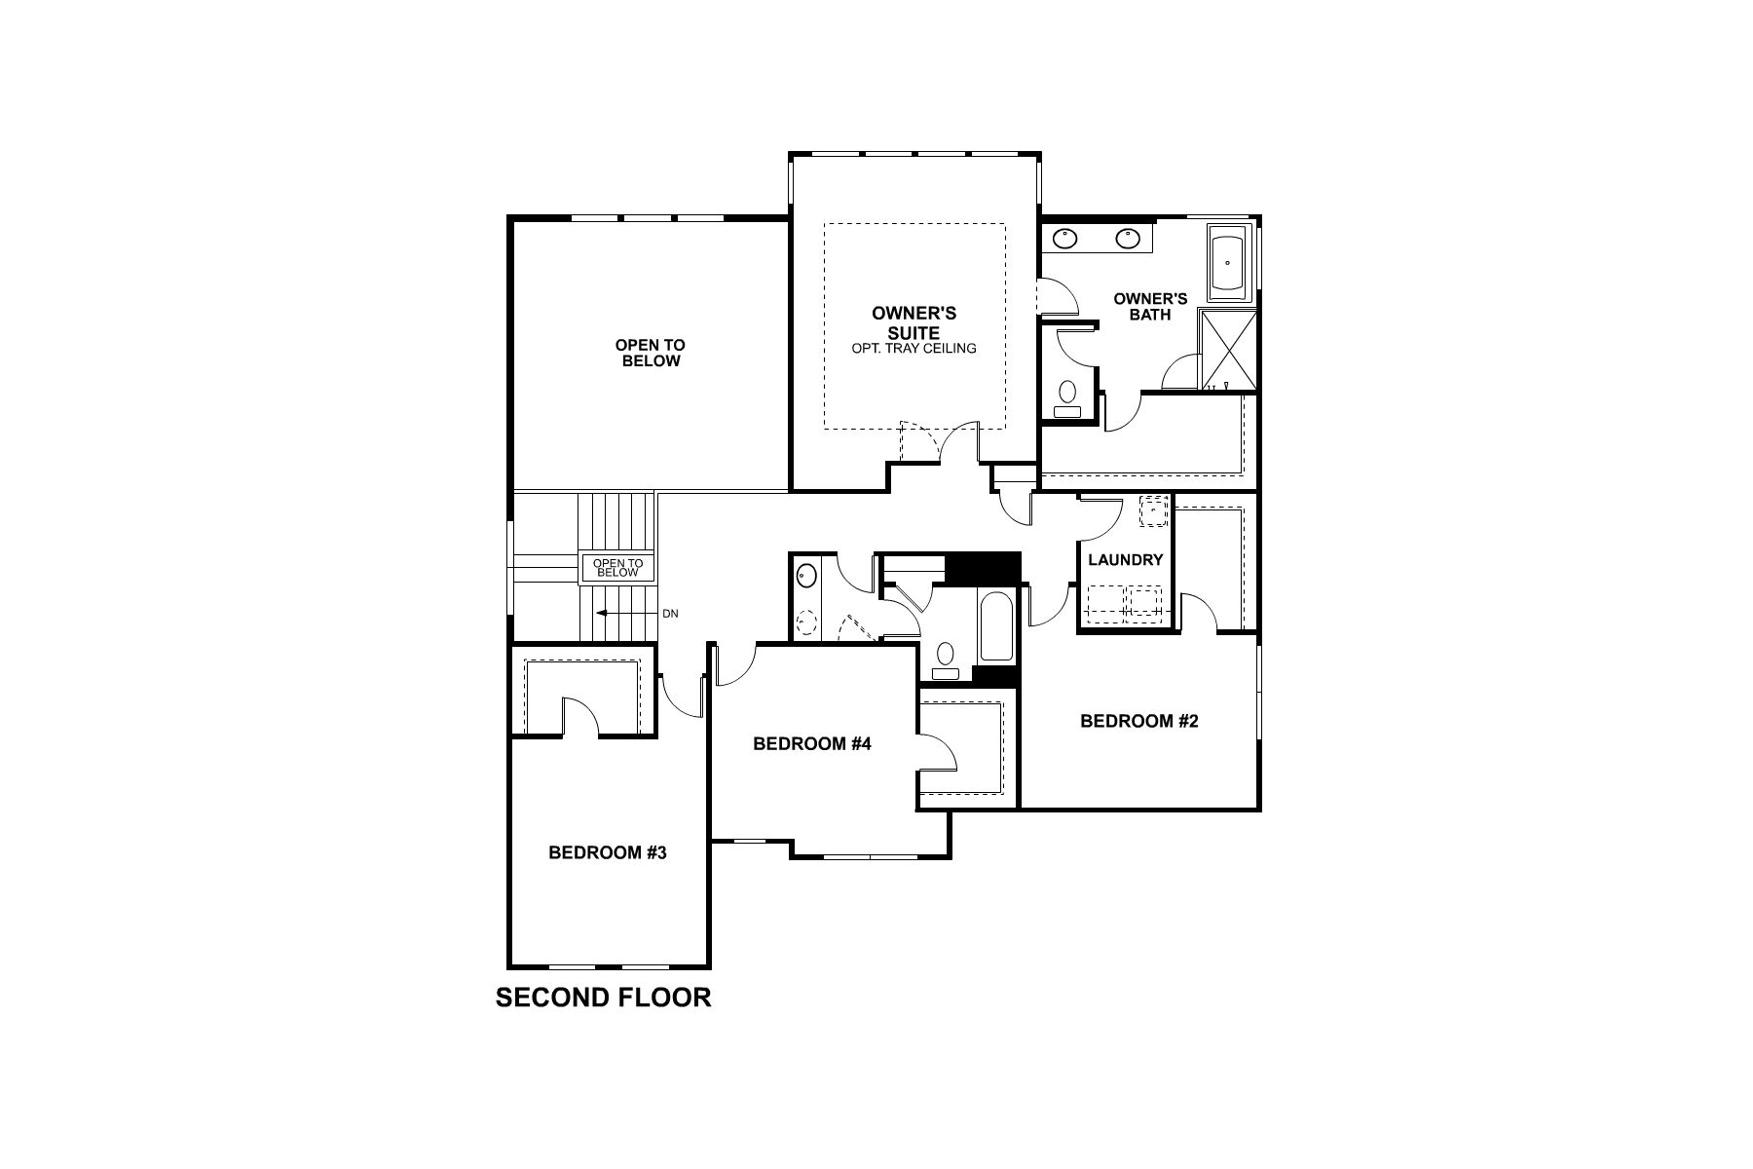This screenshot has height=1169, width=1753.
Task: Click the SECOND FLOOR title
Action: click(x=603, y=998)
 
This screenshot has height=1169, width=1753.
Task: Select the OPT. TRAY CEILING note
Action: click(x=914, y=348)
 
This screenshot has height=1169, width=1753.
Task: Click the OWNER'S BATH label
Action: click(x=1150, y=307)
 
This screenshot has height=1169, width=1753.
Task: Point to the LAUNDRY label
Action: click(x=1126, y=560)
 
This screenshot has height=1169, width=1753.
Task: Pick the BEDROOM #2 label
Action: click(x=1139, y=721)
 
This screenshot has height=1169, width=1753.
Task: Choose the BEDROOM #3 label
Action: click(x=608, y=853)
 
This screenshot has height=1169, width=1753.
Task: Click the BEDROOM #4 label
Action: click(x=812, y=744)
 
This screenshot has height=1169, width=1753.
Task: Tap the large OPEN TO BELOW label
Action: click(x=651, y=353)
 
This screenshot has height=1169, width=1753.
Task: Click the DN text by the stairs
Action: click(x=670, y=614)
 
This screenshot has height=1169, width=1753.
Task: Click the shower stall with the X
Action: click(x=1226, y=350)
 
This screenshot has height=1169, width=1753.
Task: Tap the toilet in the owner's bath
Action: click(x=1067, y=399)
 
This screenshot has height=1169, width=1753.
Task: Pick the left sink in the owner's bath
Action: click(x=1067, y=237)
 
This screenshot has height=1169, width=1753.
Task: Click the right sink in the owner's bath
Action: click(x=1129, y=237)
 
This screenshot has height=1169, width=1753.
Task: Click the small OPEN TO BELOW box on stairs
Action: click(x=618, y=568)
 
